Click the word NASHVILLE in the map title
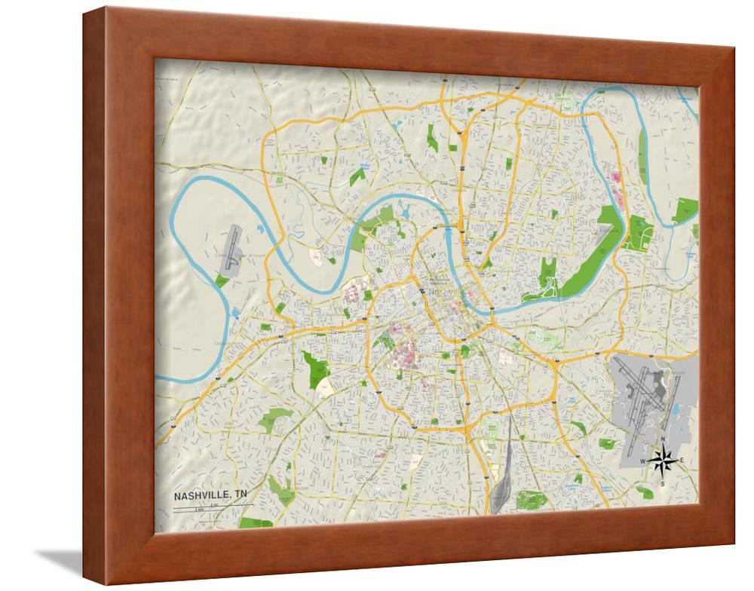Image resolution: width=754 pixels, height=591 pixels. pos(202,495)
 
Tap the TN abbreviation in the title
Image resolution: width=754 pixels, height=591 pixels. pos(240,495)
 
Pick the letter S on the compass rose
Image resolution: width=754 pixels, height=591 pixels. pos(663,482)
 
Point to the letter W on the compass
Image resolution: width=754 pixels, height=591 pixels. pos(643,461)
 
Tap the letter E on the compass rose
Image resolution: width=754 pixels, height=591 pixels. pos(682,460)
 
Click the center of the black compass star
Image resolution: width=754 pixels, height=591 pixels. pos(663,460)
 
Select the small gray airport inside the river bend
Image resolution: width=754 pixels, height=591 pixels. pos(231,245)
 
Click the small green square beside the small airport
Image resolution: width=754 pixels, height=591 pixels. pos(222,280)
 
